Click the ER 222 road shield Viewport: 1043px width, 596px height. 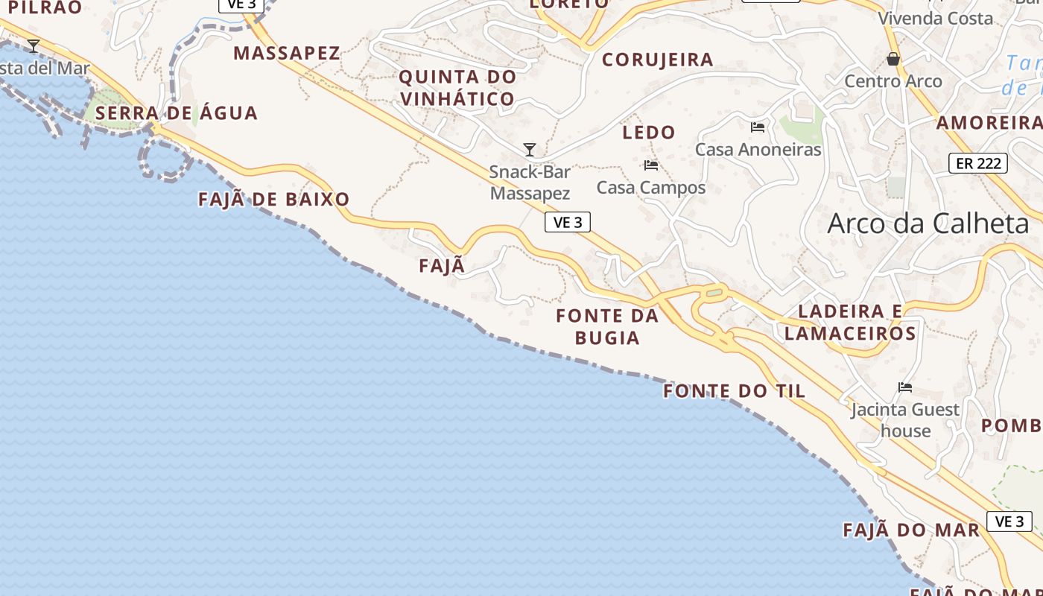point(977,163)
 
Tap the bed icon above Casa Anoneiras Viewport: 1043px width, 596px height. point(758,127)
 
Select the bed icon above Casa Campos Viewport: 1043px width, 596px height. point(651,165)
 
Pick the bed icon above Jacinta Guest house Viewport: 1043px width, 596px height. point(905,387)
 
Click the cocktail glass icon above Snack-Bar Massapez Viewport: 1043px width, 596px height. point(530,150)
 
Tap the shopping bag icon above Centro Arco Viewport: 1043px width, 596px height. point(893,59)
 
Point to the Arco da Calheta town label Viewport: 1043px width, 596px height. point(928,223)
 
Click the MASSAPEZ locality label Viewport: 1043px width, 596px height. point(287,53)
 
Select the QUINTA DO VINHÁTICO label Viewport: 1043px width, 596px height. point(457,87)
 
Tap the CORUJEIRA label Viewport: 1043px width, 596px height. point(657,60)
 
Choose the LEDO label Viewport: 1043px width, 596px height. point(649,133)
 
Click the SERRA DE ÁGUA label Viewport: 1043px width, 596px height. point(177,113)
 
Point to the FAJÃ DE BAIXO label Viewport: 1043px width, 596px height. point(274,200)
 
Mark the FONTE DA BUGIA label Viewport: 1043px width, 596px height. point(607,326)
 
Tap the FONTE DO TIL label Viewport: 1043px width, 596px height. point(735,391)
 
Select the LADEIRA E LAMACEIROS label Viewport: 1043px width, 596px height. point(850,322)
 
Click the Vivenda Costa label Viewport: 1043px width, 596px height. point(935,18)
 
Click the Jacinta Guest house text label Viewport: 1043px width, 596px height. point(905,420)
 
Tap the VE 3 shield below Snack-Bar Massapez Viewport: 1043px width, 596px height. point(568,222)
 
